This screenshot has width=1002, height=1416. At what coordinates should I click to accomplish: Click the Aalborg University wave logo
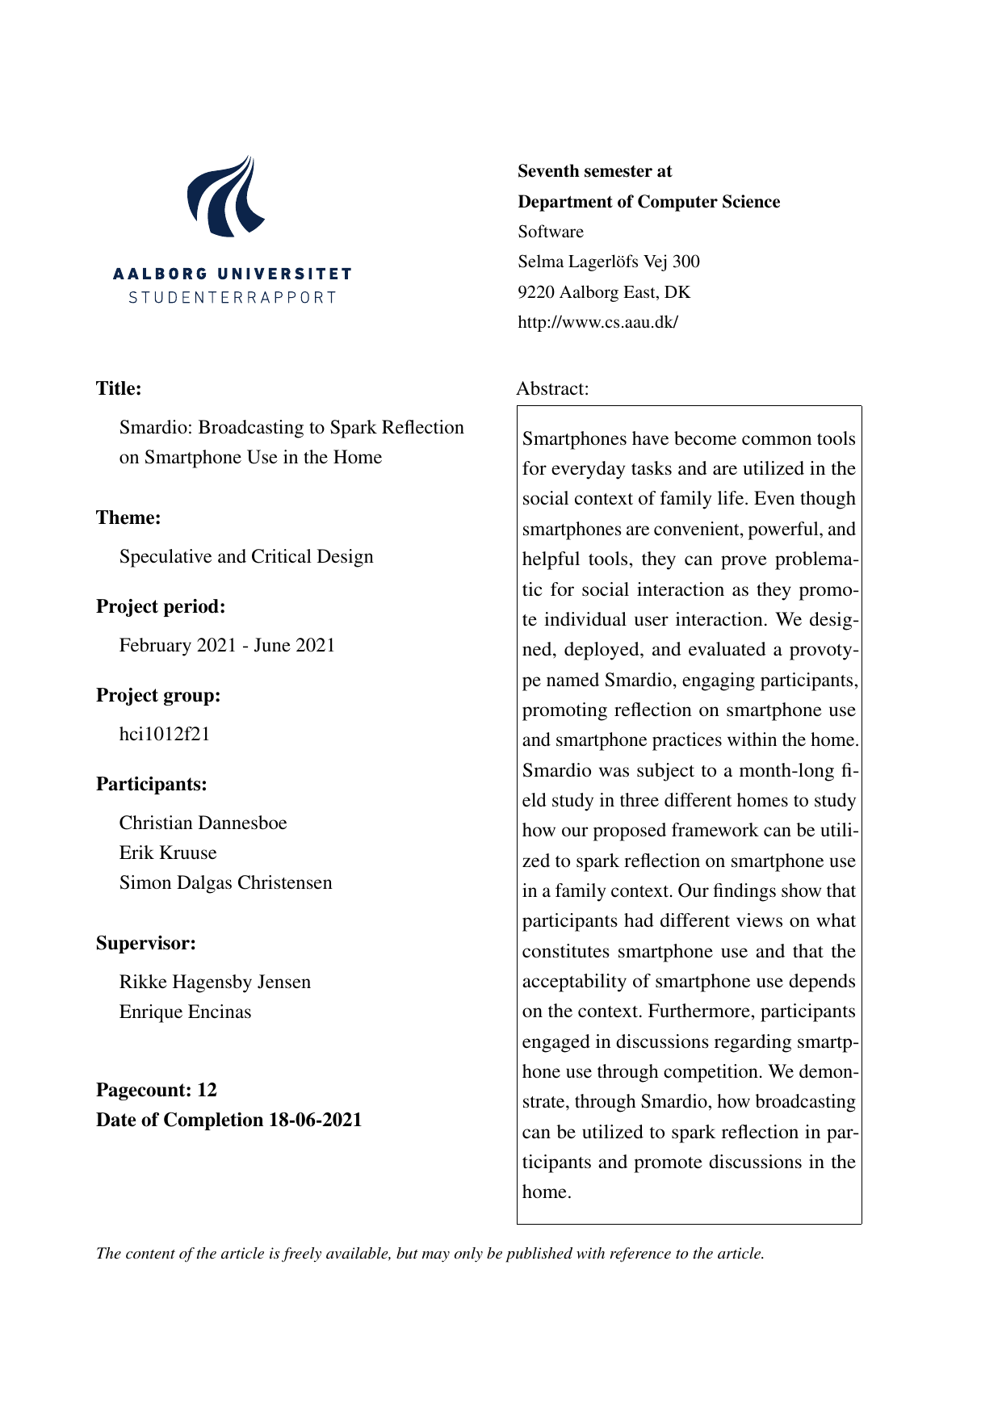(x=225, y=196)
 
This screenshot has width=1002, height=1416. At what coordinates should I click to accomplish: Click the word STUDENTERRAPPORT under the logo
(x=233, y=297)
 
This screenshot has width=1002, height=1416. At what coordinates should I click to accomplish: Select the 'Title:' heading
(x=119, y=388)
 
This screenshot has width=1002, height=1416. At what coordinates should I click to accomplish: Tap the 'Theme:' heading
(x=128, y=517)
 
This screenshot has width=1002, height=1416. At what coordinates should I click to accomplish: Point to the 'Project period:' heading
(x=161, y=606)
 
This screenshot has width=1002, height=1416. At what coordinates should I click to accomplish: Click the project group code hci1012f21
(x=165, y=734)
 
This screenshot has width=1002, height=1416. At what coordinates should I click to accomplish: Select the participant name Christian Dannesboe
(x=203, y=823)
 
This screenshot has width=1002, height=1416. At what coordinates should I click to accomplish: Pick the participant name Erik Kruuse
(x=168, y=853)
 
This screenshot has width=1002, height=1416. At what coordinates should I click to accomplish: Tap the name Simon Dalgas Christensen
(x=225, y=882)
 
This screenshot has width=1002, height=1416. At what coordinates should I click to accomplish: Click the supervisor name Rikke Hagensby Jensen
(x=215, y=982)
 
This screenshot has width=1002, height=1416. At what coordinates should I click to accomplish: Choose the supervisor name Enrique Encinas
(x=185, y=1012)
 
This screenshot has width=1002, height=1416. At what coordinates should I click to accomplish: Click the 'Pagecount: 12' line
(x=157, y=1090)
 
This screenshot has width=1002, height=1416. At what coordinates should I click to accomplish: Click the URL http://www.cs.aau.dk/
(x=597, y=322)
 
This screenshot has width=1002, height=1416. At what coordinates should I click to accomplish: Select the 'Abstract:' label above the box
(x=552, y=388)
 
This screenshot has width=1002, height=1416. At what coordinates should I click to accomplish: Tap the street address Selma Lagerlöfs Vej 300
(x=609, y=262)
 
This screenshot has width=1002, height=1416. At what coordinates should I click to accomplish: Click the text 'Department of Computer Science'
(x=649, y=202)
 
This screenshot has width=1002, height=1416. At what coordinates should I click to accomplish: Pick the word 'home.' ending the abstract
(x=547, y=1192)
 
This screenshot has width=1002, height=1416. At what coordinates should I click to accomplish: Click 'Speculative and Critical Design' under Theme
(x=246, y=556)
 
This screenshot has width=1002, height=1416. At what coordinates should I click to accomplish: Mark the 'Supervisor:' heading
(x=146, y=943)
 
